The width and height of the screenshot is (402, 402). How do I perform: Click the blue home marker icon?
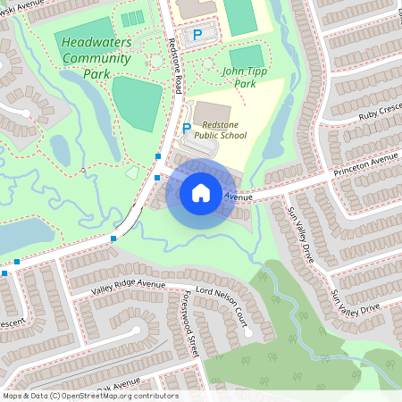(201, 192)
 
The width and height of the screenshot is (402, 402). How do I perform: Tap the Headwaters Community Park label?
(96, 58)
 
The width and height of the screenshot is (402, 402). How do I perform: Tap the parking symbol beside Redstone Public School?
(187, 129)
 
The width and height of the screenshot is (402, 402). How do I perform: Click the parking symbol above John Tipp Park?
(197, 34)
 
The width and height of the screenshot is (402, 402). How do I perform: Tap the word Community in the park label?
(96, 59)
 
